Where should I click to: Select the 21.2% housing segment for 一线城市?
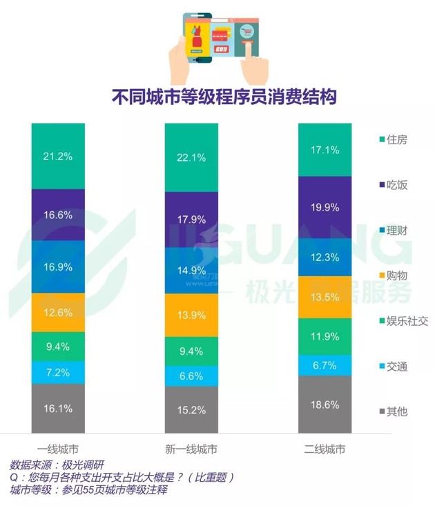[x=58, y=156]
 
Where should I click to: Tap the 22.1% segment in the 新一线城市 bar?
[x=191, y=157]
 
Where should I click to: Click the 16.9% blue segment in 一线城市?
[x=58, y=266]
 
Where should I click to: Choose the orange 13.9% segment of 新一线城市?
[x=191, y=315]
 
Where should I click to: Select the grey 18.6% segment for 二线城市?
[x=325, y=405]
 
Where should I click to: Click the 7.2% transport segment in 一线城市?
[x=58, y=372]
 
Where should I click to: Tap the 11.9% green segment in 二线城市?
[x=325, y=337]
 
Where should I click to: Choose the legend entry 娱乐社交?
[x=401, y=320]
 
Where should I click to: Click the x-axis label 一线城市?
[x=58, y=449]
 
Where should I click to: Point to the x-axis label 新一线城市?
[x=191, y=449]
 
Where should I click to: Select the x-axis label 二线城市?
[x=325, y=449]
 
